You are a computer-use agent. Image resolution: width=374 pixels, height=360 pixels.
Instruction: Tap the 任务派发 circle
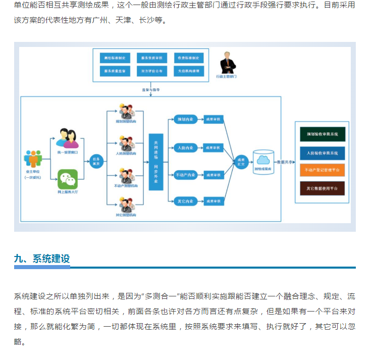(95, 161)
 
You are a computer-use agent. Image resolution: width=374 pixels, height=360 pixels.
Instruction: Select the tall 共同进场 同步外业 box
(156, 162)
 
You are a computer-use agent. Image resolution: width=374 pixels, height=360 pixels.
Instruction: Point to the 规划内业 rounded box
(185, 120)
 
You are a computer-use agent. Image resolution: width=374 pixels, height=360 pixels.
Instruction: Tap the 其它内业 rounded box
(185, 201)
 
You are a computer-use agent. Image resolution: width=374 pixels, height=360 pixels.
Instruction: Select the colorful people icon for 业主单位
(33, 159)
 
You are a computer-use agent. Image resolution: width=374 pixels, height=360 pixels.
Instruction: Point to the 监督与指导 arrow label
(150, 90)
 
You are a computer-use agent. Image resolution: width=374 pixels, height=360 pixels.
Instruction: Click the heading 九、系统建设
(42, 259)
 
